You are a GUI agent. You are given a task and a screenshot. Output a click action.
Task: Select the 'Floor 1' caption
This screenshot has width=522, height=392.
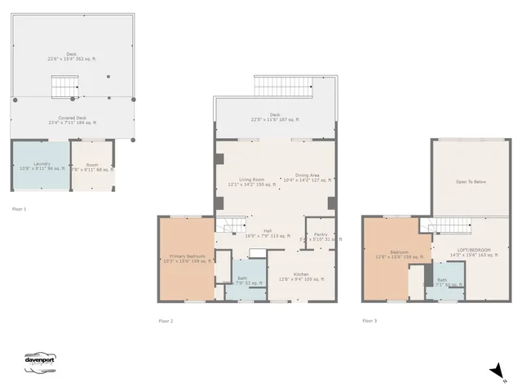point(19,210)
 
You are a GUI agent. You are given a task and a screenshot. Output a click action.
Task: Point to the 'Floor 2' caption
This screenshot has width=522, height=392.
point(166,321)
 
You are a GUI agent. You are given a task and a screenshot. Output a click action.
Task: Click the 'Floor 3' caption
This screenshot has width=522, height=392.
point(369,321)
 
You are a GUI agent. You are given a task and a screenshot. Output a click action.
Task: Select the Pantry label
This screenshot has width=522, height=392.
point(320,237)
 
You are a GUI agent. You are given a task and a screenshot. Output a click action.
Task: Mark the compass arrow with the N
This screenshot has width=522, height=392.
point(496,372)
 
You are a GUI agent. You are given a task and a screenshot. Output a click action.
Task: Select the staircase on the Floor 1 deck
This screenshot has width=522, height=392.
point(63,85)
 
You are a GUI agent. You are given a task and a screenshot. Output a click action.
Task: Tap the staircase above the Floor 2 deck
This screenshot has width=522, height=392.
point(283,87)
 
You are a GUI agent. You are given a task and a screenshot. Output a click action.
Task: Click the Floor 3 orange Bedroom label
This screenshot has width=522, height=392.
point(399,255)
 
